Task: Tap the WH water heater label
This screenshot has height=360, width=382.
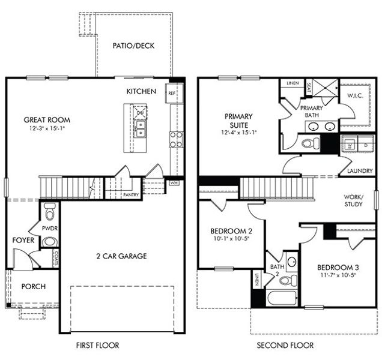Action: [174, 183]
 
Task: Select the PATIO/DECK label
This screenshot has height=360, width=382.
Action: [133, 46]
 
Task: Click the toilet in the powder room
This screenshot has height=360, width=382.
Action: [50, 212]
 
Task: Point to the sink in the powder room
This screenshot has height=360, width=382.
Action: [50, 242]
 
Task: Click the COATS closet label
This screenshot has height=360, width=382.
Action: [56, 259]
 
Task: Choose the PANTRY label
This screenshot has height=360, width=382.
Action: [131, 195]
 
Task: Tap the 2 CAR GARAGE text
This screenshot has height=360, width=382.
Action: [121, 256]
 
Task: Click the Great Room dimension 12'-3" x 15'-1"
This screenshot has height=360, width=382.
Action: [47, 128]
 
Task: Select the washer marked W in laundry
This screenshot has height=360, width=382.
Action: [350, 145]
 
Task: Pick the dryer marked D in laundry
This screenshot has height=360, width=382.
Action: [366, 145]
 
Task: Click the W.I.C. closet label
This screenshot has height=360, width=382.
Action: [355, 95]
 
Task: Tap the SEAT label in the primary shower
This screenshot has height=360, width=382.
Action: [309, 88]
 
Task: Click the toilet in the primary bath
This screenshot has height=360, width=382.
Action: [311, 143]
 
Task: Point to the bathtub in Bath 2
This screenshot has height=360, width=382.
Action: [282, 298]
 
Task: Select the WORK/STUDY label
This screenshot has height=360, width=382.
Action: [354, 200]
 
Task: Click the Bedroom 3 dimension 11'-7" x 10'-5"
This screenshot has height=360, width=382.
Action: [338, 275]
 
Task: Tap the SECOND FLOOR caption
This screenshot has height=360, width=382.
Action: [285, 345]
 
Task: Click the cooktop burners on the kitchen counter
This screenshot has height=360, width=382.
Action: [177, 139]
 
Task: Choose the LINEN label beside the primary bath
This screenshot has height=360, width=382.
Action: [293, 83]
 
